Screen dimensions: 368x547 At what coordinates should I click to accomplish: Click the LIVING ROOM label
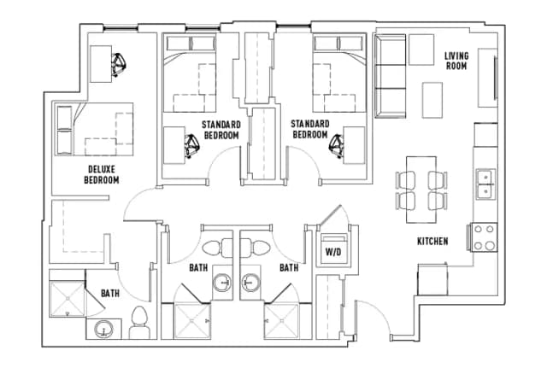point(456,61)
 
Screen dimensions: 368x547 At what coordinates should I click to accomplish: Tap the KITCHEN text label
point(432,242)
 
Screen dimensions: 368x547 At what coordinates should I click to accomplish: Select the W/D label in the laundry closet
point(332,253)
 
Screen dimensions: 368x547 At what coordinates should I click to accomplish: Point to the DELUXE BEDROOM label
point(101,174)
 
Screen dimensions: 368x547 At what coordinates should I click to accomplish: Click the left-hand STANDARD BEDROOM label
point(221,130)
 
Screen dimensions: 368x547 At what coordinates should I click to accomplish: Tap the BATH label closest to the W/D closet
point(289,267)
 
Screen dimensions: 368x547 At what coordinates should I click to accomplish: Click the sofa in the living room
point(391,78)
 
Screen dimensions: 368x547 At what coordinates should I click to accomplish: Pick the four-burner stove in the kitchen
point(485,237)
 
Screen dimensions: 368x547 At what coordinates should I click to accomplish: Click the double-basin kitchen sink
point(486,184)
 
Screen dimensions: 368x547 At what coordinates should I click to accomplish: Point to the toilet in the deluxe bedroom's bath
point(141,323)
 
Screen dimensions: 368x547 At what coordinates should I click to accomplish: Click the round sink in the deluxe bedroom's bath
point(103,329)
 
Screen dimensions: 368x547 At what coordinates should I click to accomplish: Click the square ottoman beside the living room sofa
point(421,49)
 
